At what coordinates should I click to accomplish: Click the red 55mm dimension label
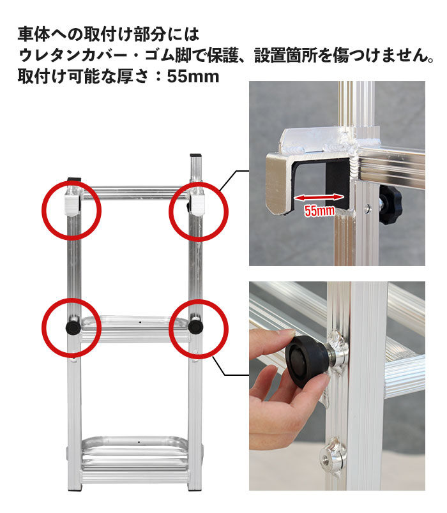(x=320, y=211)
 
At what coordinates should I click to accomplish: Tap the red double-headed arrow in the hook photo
(x=319, y=197)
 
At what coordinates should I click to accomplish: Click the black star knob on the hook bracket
(x=390, y=205)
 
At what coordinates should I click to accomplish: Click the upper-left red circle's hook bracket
(x=72, y=204)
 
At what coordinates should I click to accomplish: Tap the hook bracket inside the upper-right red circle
(x=197, y=204)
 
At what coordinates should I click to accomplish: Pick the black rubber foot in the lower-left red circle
(x=73, y=327)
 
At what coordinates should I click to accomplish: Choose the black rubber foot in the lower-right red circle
(x=196, y=327)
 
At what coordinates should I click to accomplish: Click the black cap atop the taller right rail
(x=196, y=155)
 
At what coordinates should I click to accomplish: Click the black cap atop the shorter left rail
(x=74, y=179)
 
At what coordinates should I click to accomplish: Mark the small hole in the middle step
(x=140, y=322)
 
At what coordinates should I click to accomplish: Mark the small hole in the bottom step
(x=139, y=442)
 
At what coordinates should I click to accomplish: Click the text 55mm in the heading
(x=193, y=77)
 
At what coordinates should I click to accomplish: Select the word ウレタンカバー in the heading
(x=73, y=56)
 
